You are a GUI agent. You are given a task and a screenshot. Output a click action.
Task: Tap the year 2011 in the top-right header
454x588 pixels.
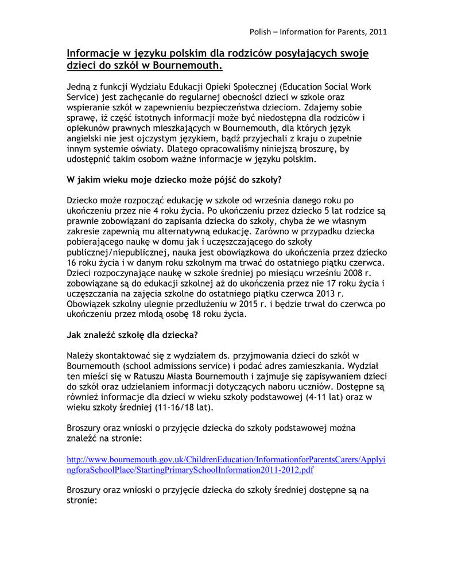[x=378, y=31]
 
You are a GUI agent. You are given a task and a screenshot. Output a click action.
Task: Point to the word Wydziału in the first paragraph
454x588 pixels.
[x=150, y=87]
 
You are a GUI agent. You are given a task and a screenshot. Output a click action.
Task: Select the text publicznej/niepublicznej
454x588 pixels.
[x=120, y=252]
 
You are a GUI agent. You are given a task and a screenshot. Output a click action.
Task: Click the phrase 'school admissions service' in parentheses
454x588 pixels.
[x=179, y=366]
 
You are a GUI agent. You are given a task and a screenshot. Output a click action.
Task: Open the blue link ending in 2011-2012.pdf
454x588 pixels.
[x=191, y=470]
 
